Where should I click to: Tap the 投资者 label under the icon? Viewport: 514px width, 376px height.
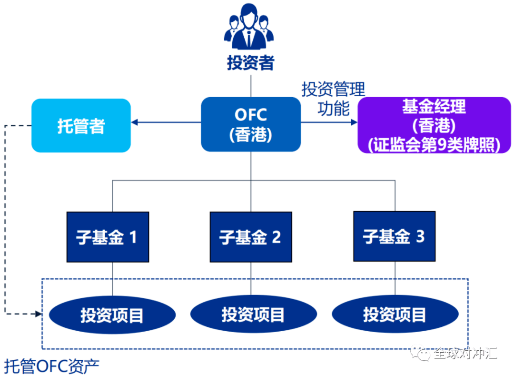tap(250, 62)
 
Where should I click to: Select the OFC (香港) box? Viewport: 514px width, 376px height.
tap(251, 124)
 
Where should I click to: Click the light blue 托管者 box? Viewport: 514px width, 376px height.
tap(81, 125)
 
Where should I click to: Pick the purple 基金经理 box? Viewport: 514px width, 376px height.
tap(434, 125)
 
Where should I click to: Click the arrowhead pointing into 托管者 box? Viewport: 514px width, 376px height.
tap(135, 123)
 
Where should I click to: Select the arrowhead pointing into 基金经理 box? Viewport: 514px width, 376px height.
tap(354, 122)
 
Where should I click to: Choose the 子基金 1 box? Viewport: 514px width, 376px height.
tap(108, 237)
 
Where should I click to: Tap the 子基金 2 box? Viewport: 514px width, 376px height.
tap(251, 237)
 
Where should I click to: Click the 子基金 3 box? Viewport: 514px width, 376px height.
tap(394, 237)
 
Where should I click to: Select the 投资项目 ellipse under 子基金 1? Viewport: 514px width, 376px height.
tap(112, 315)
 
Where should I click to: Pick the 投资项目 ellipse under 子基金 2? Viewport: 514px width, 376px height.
tap(253, 315)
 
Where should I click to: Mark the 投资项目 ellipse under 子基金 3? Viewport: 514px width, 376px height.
tap(395, 315)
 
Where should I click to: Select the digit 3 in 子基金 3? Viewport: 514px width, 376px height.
tap(419, 236)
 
